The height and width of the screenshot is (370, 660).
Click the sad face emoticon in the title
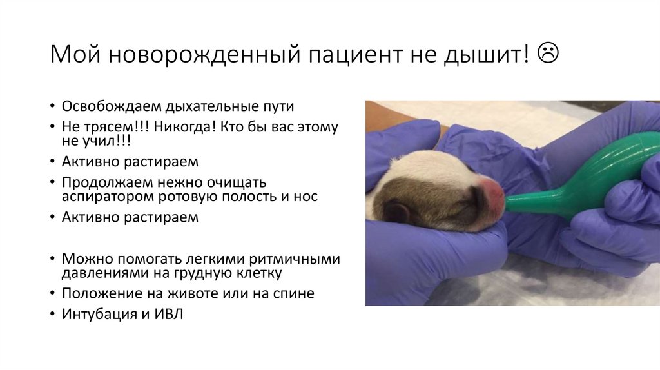547,54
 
